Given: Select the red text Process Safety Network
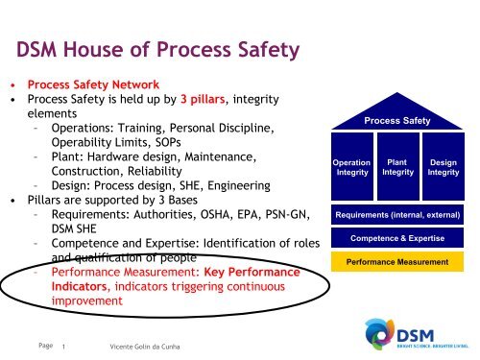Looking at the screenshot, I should pyautogui.click(x=92, y=84).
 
